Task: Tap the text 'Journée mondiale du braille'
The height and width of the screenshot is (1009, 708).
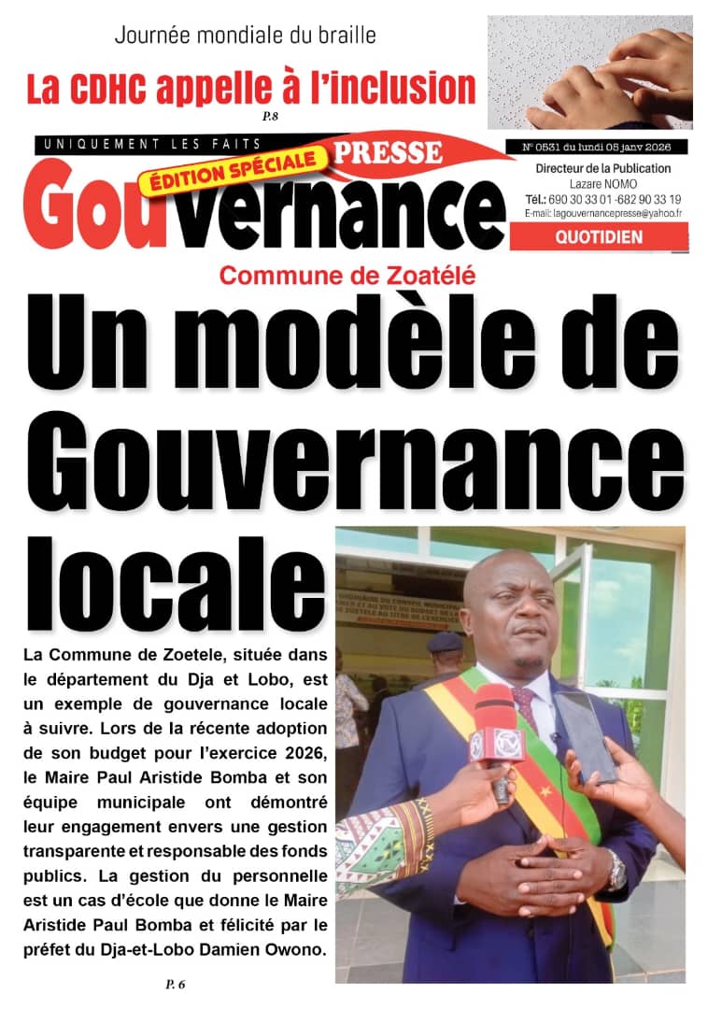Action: click(245, 36)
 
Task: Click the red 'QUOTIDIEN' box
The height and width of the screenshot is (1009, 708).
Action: click(599, 237)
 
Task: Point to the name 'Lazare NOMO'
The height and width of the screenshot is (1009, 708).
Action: click(602, 184)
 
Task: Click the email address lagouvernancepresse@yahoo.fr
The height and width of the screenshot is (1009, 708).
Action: click(602, 213)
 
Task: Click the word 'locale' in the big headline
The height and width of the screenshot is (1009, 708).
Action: click(175, 576)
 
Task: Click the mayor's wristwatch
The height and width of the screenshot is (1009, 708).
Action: click(616, 871)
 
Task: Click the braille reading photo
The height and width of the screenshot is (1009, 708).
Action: click(589, 72)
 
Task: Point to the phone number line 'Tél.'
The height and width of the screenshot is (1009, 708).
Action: click(602, 199)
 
